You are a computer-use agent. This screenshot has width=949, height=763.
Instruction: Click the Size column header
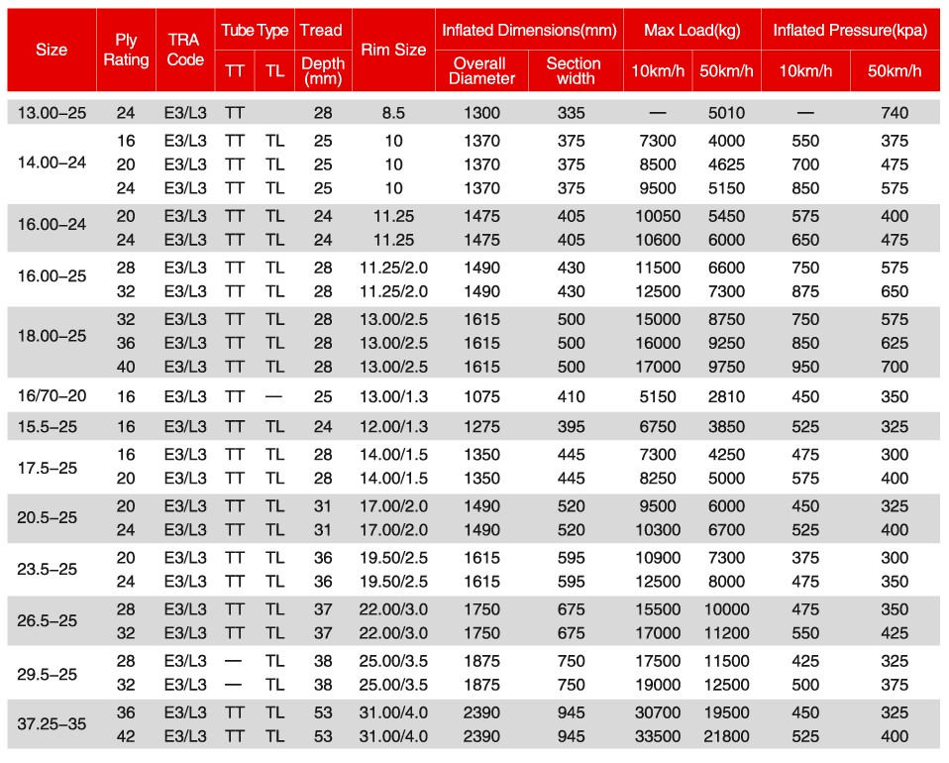(x=52, y=50)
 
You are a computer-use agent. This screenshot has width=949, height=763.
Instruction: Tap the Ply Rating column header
(x=127, y=50)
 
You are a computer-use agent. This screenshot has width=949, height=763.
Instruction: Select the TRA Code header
(x=185, y=50)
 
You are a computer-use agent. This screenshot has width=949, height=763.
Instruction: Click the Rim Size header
(x=394, y=50)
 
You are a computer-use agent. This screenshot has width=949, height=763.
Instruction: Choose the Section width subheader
(x=574, y=70)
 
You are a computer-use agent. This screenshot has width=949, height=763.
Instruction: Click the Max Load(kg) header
(x=692, y=30)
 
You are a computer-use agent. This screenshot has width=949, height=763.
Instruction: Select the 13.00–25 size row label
(x=53, y=113)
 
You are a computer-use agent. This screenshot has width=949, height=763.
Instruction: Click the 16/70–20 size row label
(x=53, y=396)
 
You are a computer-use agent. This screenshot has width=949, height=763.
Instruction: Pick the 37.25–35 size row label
(x=53, y=723)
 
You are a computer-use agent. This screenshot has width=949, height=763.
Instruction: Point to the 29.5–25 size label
(x=49, y=673)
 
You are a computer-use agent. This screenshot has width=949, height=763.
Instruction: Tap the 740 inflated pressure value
(x=894, y=113)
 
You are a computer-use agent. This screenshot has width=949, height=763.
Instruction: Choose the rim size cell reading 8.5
(x=394, y=113)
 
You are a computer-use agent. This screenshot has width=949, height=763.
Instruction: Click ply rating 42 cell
(x=126, y=736)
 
